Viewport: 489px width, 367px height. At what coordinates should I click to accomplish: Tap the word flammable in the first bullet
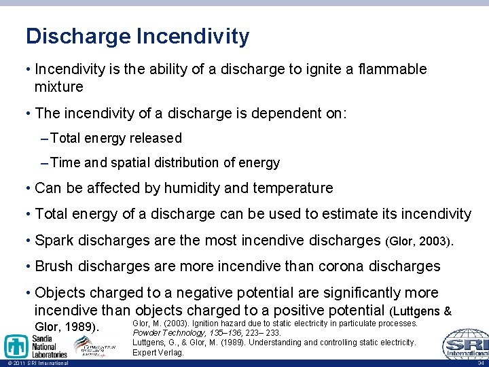388,69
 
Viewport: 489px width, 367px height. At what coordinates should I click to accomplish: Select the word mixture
59,87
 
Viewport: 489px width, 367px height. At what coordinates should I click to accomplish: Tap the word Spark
54,241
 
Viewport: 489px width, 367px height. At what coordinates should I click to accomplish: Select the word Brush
54,266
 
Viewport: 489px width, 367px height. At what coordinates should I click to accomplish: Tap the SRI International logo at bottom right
465,344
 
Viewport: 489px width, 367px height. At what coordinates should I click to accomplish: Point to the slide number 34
480,363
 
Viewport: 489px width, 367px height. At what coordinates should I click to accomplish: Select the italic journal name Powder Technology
168,333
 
